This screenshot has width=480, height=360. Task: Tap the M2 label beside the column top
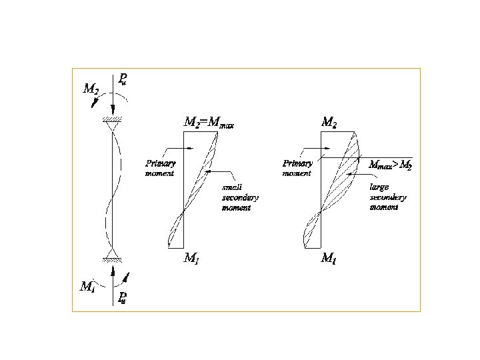coord(91,88)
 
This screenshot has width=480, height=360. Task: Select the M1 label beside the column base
coord(87,287)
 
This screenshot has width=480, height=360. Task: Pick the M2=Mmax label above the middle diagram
coord(209,123)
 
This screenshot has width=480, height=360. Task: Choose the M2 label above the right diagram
coord(329,122)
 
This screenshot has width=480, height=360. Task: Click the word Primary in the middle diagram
coord(161,163)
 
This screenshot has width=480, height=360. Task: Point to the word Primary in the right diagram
coord(297,163)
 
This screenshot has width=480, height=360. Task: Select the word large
coord(379,187)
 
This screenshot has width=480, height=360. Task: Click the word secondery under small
coord(240,198)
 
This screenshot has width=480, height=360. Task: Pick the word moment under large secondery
coord(384,207)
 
